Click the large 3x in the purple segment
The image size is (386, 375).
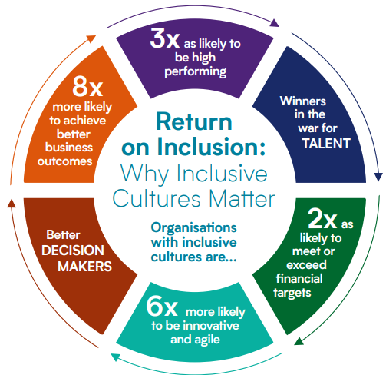click(165, 38)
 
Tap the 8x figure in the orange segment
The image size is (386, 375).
click(87, 86)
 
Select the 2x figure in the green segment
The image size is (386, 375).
click(322, 218)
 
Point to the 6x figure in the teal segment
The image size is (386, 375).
click(162, 306)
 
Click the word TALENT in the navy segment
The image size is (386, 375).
click(326, 144)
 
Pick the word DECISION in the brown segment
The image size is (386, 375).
click(73, 251)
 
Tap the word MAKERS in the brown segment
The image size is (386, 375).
click(84, 267)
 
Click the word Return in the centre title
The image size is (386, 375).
click(194, 122)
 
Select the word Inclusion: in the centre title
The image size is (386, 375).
click(211, 147)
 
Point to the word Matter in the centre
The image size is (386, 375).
click(242, 199)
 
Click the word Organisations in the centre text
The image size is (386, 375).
click(194, 228)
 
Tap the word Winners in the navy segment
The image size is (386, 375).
click(303, 101)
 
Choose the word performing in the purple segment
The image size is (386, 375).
click(196, 71)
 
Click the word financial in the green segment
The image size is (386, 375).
click(299, 279)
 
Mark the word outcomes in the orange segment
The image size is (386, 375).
click(64, 161)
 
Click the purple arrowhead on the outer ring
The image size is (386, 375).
click(275, 23)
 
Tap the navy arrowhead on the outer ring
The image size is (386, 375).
click(378, 177)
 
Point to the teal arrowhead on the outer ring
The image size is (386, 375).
click(116, 357)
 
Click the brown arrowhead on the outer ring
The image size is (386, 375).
click(12, 204)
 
